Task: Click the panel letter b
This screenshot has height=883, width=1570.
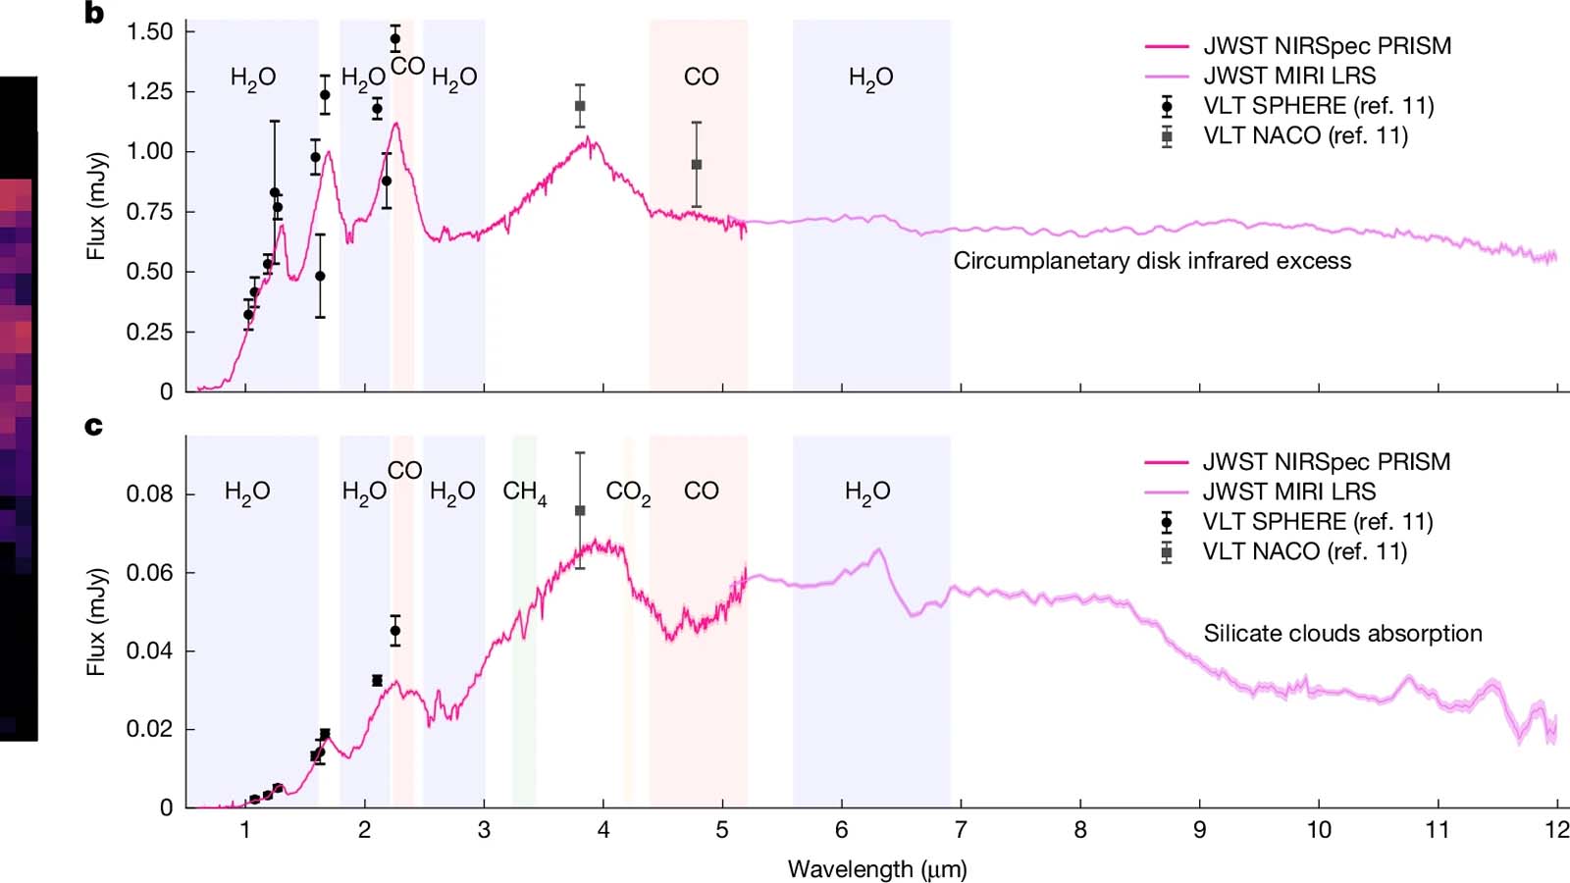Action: point(94,14)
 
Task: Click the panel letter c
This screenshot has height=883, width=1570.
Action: point(93,426)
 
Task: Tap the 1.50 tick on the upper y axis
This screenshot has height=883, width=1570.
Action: point(149,31)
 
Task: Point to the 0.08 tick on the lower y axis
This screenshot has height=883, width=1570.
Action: point(149,493)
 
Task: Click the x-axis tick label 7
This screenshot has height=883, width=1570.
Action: point(961,830)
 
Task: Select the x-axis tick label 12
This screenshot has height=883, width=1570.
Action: point(1556,830)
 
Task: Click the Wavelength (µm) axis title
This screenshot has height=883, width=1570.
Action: point(877,869)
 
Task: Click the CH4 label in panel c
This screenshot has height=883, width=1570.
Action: point(524,492)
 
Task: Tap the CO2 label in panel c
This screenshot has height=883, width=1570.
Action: point(628,492)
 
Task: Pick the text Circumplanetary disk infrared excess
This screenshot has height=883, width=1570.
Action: point(1152,261)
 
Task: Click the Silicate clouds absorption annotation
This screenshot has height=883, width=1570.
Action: point(1342,634)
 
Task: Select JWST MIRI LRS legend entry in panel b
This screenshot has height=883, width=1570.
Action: point(1289,76)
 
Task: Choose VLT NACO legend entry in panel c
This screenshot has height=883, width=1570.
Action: point(1304,551)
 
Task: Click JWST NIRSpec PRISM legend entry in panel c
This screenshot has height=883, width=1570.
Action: point(1326,461)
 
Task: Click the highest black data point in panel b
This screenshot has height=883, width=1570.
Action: point(395,40)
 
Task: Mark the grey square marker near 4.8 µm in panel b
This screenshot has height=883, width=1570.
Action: point(697,165)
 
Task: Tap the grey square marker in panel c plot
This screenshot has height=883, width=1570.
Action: point(580,510)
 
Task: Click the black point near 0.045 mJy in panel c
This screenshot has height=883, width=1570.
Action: point(395,631)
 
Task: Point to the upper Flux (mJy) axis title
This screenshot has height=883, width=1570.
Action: point(96,206)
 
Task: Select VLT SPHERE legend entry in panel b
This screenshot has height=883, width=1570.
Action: point(1318,106)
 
